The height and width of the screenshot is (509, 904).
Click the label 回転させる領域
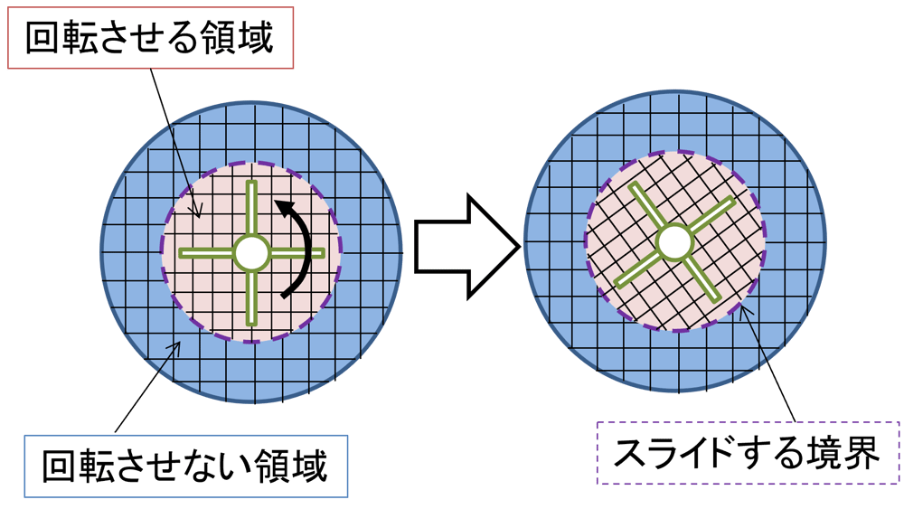[150, 38]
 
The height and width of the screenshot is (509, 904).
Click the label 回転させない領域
[185, 467]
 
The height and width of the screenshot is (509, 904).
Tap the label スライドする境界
[748, 453]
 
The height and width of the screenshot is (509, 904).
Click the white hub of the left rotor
[251, 252]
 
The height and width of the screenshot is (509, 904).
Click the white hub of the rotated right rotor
[675, 242]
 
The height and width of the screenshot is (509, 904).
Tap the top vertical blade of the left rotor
[251, 209]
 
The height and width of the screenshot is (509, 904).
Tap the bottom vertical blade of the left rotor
[251, 297]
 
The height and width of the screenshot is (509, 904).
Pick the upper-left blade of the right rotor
[647, 207]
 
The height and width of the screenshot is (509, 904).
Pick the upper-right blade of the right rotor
[711, 214]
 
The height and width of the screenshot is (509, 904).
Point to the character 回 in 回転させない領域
[59, 466]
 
